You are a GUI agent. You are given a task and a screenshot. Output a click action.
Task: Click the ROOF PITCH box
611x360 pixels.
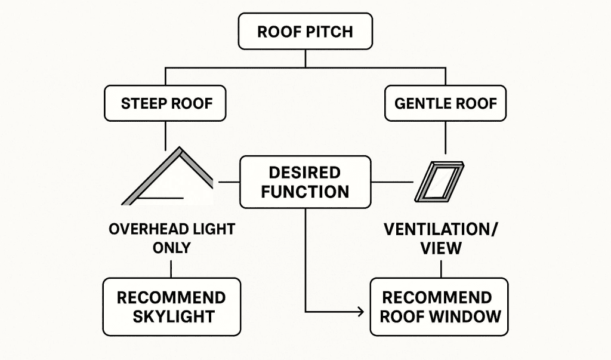click(x=305, y=31)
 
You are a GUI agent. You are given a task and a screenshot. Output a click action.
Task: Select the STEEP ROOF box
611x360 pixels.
click(x=166, y=103)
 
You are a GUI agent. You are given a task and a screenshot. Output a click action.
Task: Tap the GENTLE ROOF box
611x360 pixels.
click(x=446, y=103)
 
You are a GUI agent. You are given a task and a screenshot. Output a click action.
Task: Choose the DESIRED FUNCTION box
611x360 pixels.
click(x=304, y=182)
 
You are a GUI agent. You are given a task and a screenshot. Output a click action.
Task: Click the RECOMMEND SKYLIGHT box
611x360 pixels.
click(x=172, y=306)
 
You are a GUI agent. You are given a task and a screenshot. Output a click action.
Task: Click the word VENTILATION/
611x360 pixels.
click(x=441, y=229)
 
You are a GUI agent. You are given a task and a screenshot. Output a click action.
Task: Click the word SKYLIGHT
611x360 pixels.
click(x=172, y=316)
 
